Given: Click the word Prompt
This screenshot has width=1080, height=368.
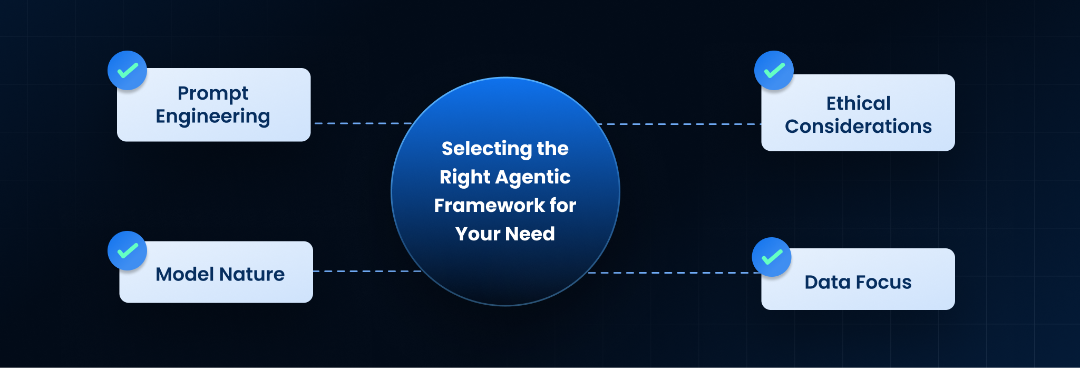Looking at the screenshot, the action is pos(213,94).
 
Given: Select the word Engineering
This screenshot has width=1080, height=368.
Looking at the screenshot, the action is pos(213,117).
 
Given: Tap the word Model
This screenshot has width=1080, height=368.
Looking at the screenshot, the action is pos(185,274).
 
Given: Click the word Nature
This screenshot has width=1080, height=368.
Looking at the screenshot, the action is pos(252,274).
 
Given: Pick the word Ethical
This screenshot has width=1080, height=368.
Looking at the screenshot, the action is pos(858,103).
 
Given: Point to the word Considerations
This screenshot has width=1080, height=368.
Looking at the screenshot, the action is pos(858,127).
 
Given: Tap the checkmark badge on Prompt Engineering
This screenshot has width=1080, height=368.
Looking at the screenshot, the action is pos(127,70).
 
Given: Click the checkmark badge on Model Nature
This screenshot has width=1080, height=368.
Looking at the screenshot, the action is pos(127,250).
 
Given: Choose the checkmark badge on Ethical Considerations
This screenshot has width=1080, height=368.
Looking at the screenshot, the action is pos(774,70).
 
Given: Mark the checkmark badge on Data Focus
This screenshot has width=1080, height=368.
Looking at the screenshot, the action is pos(772,257).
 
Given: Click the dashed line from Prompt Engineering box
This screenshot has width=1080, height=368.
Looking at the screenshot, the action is pos(364,123).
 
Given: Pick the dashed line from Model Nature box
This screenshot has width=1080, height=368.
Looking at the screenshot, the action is pos(367,271).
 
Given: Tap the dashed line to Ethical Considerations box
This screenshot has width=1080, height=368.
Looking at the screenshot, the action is pos(680,124).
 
